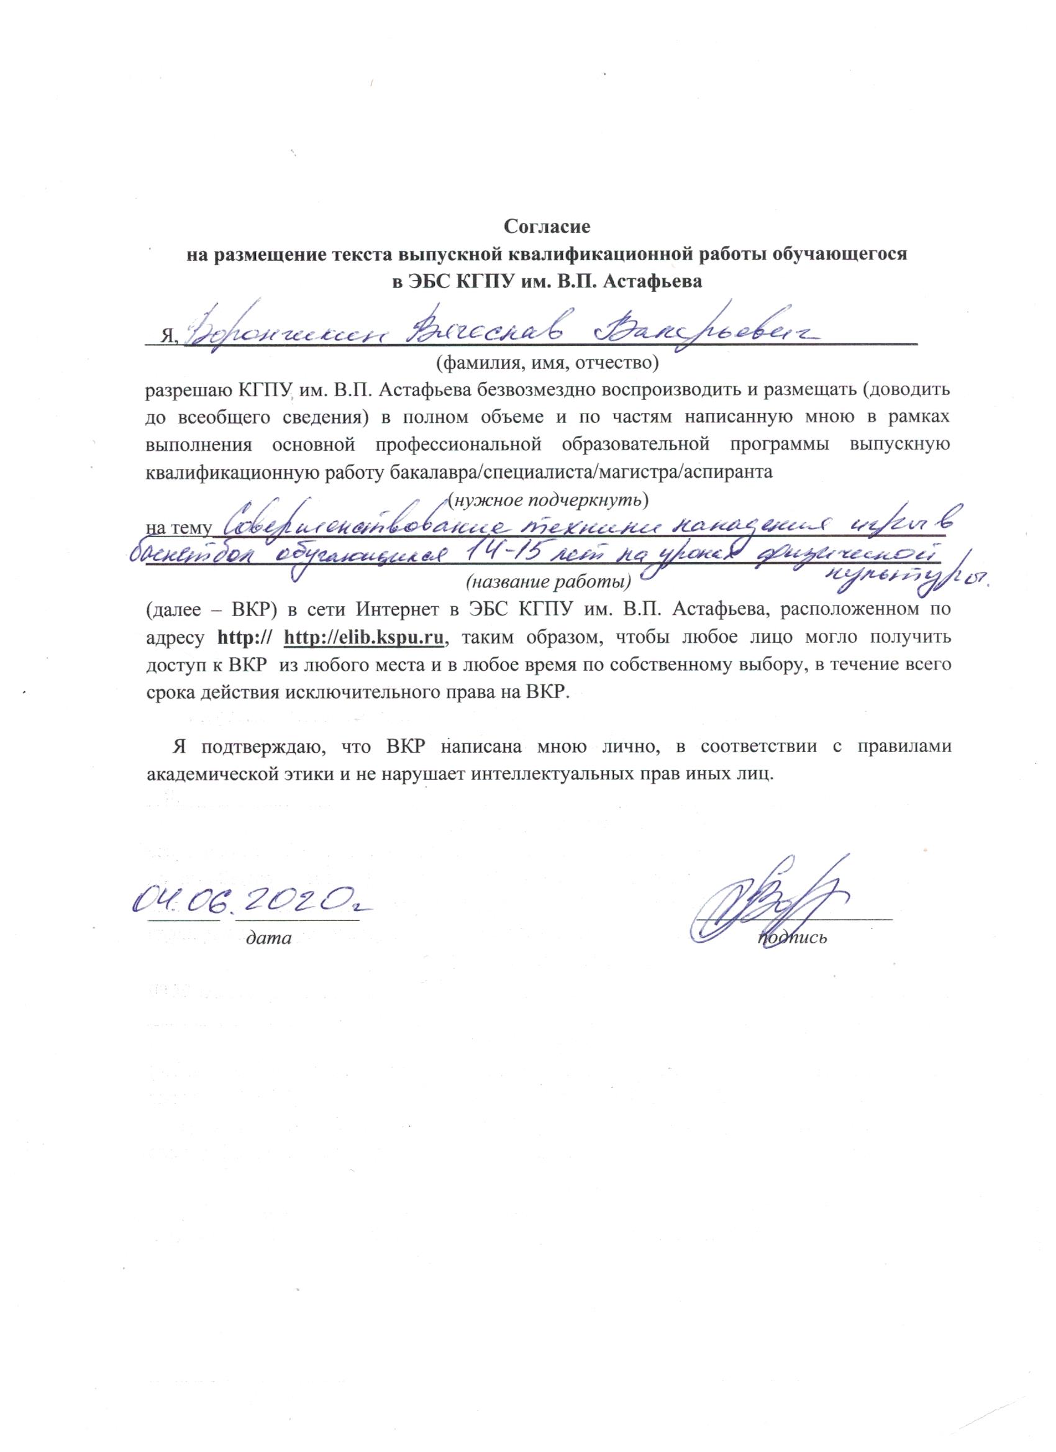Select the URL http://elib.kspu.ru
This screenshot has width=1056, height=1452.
pos(364,638)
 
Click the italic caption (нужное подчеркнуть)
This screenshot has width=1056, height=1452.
pos(549,497)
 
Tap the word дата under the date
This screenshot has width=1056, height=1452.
pos(270,938)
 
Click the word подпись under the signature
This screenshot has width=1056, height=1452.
pos(792,938)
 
